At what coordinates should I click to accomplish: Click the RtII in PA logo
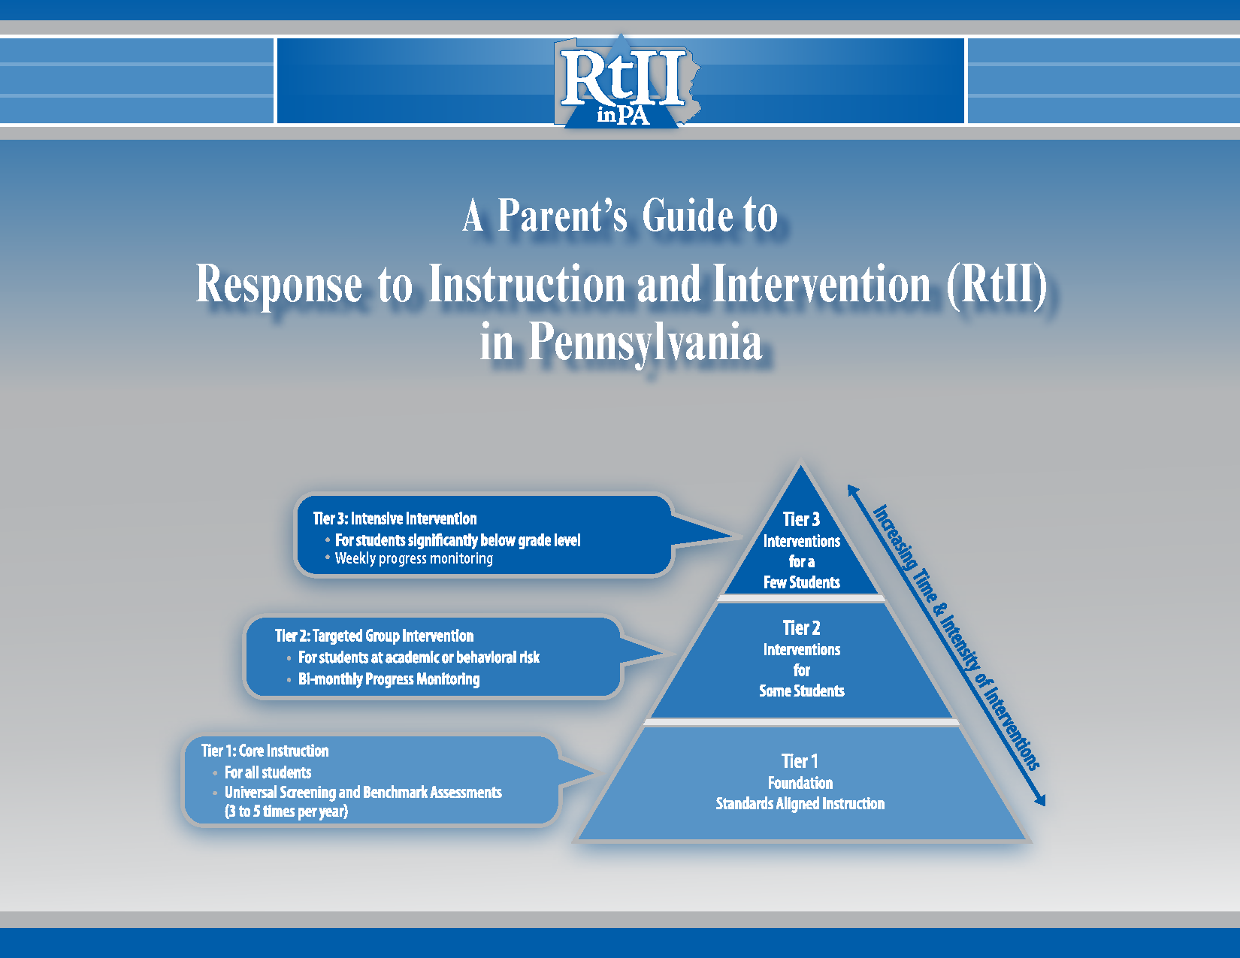[624, 83]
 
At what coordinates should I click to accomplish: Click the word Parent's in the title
[561, 216]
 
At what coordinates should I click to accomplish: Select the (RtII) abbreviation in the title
[997, 286]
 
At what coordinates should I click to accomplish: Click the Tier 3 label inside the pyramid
[801, 519]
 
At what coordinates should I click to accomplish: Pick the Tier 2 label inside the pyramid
[801, 628]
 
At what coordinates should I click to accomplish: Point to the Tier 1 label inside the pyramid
[800, 761]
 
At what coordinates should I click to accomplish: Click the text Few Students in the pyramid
[801, 582]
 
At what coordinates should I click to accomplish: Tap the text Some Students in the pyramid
[801, 691]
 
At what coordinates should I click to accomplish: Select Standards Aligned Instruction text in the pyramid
[800, 804]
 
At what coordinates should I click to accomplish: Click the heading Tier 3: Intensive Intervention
[395, 518]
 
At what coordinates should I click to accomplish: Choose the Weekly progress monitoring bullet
[413, 558]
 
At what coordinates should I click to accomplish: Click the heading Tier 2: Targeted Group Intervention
[374, 636]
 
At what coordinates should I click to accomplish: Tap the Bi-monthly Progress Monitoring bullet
[389, 679]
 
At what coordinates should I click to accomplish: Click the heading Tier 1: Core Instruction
[265, 751]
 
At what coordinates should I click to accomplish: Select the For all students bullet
[268, 772]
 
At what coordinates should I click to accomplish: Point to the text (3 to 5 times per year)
[286, 811]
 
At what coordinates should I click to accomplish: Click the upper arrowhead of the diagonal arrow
[852, 489]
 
